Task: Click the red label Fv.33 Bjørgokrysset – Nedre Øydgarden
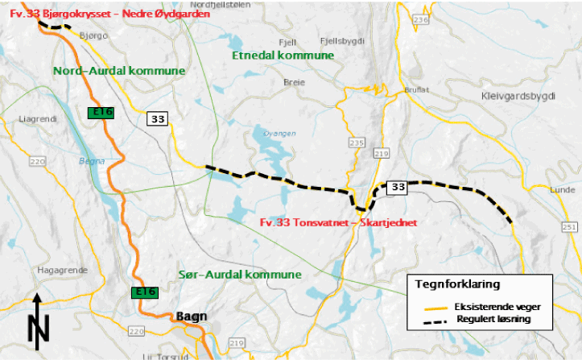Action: [x=118, y=13]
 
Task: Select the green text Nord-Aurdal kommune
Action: [x=119, y=71]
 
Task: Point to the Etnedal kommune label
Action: [x=282, y=55]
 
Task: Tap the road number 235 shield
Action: [x=357, y=142]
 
